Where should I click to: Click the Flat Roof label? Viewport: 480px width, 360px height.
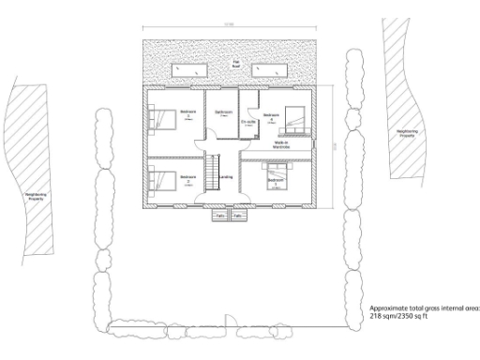coord(236,66)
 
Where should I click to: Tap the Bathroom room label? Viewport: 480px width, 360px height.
coord(223,113)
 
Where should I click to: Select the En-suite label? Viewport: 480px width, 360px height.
coord(249,122)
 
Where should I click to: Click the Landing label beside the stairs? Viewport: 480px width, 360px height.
coord(226,176)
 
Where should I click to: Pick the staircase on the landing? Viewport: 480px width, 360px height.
coord(211,174)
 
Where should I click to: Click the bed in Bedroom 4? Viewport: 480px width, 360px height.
coord(296,119)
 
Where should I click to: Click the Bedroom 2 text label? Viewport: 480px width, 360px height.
coord(187,178)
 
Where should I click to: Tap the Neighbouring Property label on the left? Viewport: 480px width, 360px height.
coord(36,197)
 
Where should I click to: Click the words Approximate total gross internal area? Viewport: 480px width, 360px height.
coord(424,307)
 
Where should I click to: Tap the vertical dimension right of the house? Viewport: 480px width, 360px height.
coord(335,145)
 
